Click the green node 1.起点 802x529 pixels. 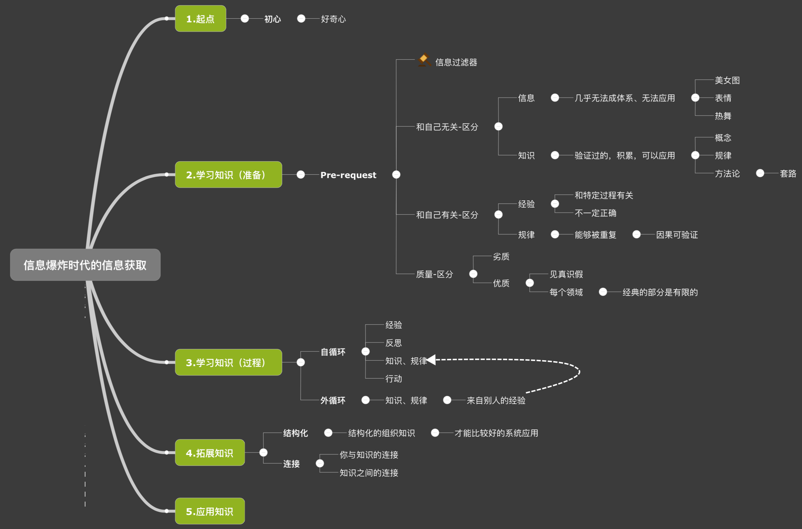[200, 19]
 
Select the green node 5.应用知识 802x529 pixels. [210, 511]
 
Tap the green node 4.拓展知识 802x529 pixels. [210, 453]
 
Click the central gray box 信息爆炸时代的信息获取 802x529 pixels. [85, 265]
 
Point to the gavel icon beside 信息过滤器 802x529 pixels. [424, 60]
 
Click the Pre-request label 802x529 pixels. [348, 175]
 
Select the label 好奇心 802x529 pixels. [333, 19]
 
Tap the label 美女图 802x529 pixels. [727, 80]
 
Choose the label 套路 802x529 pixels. [788, 173]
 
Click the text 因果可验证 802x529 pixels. [676, 235]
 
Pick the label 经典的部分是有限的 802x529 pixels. [660, 292]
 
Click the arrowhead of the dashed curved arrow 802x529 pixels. [431, 360]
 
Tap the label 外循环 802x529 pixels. [333, 400]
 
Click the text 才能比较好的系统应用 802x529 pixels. [496, 433]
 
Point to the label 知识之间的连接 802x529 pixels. [368, 473]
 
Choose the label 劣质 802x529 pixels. [501, 257]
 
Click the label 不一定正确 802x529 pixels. [595, 213]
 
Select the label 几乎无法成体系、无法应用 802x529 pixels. [625, 98]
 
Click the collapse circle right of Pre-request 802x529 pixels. [396, 174]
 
